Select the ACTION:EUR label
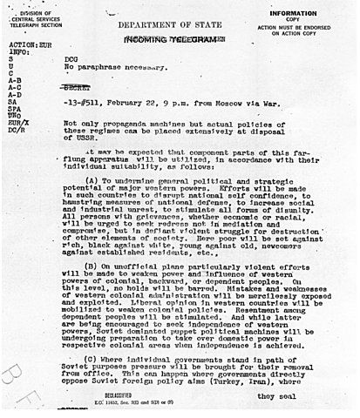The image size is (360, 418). [26, 45]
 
